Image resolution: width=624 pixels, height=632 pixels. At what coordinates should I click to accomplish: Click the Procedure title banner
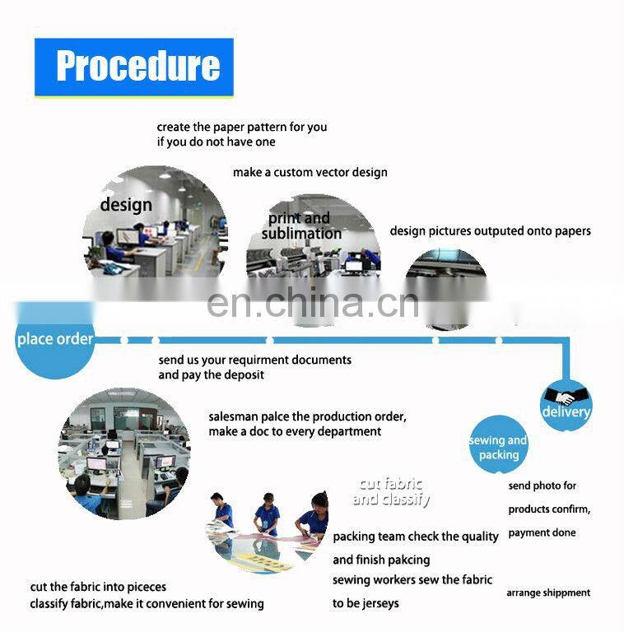(x=134, y=67)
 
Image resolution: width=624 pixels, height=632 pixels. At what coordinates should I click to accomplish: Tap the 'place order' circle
(x=55, y=341)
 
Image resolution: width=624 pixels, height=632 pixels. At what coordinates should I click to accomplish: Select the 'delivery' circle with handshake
(x=566, y=406)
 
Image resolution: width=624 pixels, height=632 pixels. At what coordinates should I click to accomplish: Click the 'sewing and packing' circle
(x=499, y=444)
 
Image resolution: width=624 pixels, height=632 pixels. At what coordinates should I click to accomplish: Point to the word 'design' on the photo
(x=126, y=205)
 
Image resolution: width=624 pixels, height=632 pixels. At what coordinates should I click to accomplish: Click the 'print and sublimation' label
(x=300, y=225)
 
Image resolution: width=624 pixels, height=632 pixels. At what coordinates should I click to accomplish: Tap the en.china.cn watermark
(x=313, y=304)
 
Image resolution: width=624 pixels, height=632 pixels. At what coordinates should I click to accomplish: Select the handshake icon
(x=566, y=395)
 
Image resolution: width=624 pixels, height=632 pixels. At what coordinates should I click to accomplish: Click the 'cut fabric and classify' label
(x=391, y=491)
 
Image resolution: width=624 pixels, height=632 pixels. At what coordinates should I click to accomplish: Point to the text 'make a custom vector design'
(x=310, y=173)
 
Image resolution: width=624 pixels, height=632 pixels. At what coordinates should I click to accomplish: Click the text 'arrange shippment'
(x=548, y=592)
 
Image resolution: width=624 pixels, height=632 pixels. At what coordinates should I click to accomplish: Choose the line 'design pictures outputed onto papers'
(x=490, y=231)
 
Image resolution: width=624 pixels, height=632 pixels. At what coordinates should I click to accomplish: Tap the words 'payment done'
(x=542, y=533)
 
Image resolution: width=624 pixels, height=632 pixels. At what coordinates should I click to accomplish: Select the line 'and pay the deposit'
(x=212, y=375)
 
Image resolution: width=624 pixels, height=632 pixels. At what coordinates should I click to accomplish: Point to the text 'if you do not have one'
(x=216, y=142)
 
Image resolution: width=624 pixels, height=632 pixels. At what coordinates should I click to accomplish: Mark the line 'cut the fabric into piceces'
(x=98, y=588)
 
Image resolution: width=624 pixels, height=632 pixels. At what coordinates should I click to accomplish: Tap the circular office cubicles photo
(x=124, y=454)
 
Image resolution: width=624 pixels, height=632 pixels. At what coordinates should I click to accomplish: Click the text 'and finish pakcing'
(x=381, y=560)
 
